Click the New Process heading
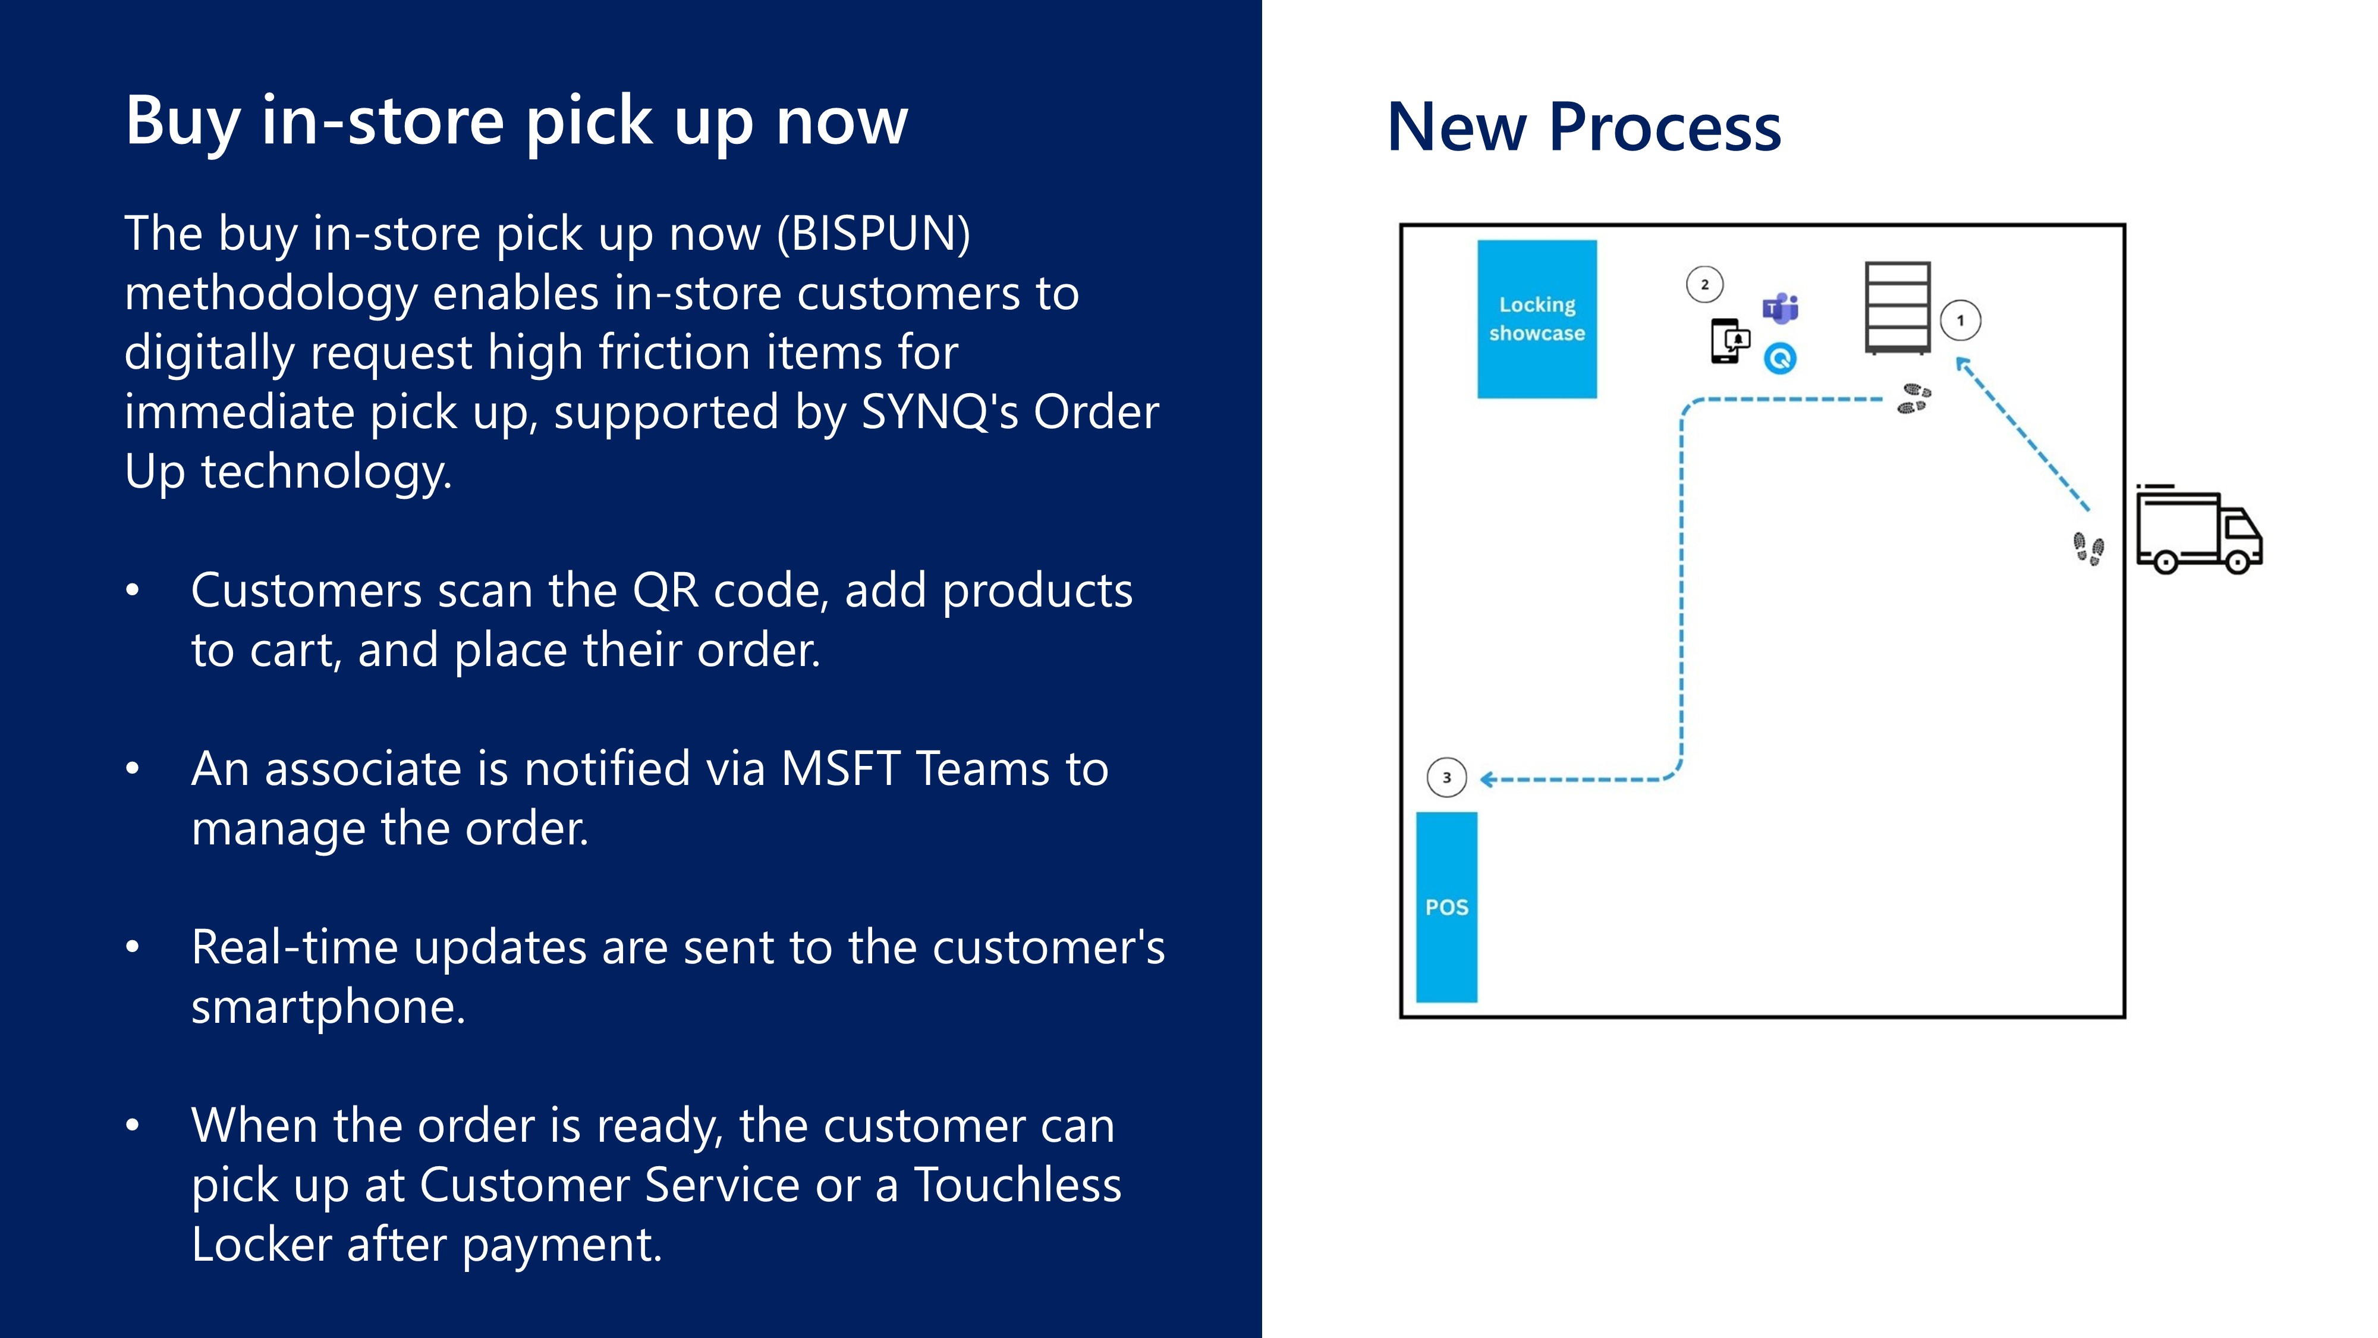pos(1583,127)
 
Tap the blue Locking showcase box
pos(1537,319)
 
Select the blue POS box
pos(1446,907)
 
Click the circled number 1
pos(1960,321)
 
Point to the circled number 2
pos(1704,284)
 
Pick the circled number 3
pos(1446,777)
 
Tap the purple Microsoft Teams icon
pos(1781,307)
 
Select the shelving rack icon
pos(1897,307)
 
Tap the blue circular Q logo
pos(1781,358)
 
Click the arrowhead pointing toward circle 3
pos(1488,780)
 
